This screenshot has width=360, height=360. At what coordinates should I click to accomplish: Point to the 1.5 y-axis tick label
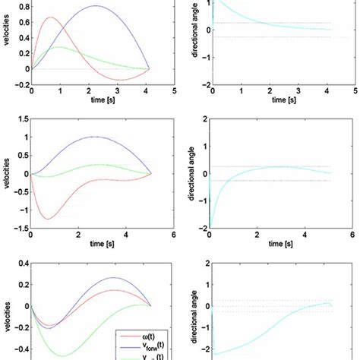pyautogui.click(x=23, y=119)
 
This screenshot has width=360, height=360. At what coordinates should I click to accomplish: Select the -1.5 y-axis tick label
pyautogui.click(x=21, y=227)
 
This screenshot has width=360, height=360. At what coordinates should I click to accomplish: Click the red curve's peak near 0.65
pyautogui.click(x=51, y=17)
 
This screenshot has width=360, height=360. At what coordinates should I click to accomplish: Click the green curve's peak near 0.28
pyautogui.click(x=58, y=47)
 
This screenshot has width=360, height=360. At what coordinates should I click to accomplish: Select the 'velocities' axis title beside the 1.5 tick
pyautogui.click(x=8, y=173)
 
